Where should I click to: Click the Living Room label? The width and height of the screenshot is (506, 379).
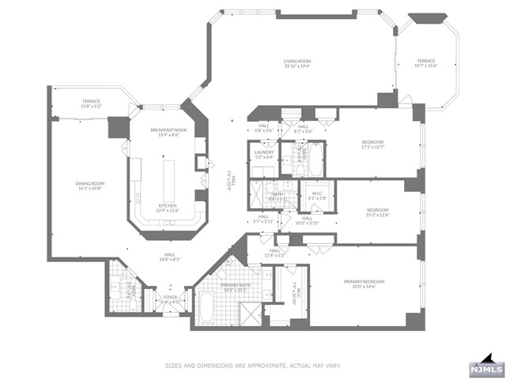click(x=297, y=60)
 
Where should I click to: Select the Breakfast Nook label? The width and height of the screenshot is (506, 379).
click(x=168, y=129)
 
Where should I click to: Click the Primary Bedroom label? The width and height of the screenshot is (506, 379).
click(x=364, y=281)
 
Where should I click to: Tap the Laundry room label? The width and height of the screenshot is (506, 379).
click(x=264, y=152)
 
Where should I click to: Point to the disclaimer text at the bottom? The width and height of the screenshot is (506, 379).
click(x=252, y=365)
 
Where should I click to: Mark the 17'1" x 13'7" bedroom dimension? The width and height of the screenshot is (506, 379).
click(x=377, y=146)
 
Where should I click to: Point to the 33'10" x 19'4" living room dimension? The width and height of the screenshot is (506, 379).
click(x=297, y=66)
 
